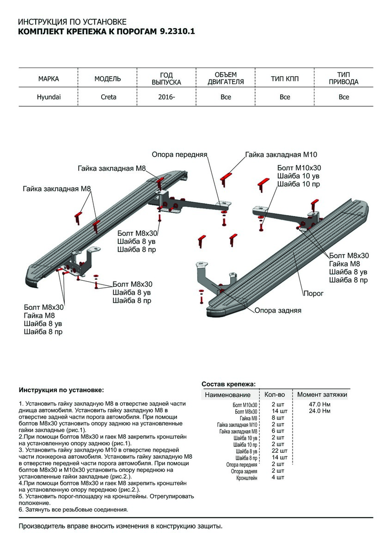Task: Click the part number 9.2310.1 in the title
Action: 178,32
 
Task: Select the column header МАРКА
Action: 49,79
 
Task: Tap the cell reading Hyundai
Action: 49,97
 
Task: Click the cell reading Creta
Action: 109,97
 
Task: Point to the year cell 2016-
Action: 167,97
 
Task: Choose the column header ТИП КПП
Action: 285,79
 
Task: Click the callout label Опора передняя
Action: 179,154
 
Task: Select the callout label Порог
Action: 313,293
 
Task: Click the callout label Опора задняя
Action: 278,310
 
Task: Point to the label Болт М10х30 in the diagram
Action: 299,168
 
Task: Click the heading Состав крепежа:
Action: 228,384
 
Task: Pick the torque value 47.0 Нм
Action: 320,405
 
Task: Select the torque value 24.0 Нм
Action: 320,411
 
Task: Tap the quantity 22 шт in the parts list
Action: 279,451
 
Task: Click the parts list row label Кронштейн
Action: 247,478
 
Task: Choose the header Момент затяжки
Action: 322,395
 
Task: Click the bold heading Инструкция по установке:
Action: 61,390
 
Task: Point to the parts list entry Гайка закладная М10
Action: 237,425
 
